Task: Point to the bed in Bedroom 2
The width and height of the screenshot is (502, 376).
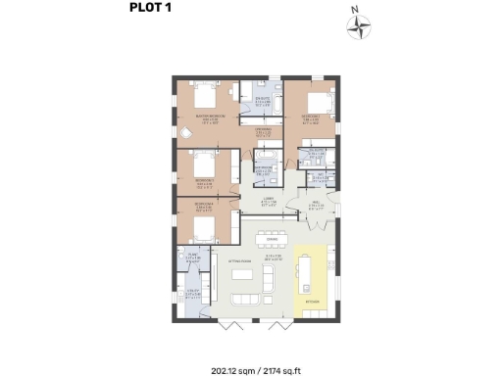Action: (314, 102)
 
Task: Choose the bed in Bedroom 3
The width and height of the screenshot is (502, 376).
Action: (205, 163)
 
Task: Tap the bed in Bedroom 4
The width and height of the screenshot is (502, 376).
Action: (204, 228)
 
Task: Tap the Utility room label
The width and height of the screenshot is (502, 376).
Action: (192, 292)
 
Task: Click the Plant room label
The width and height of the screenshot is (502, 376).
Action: (192, 258)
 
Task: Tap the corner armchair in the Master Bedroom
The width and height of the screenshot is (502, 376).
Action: (184, 130)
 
